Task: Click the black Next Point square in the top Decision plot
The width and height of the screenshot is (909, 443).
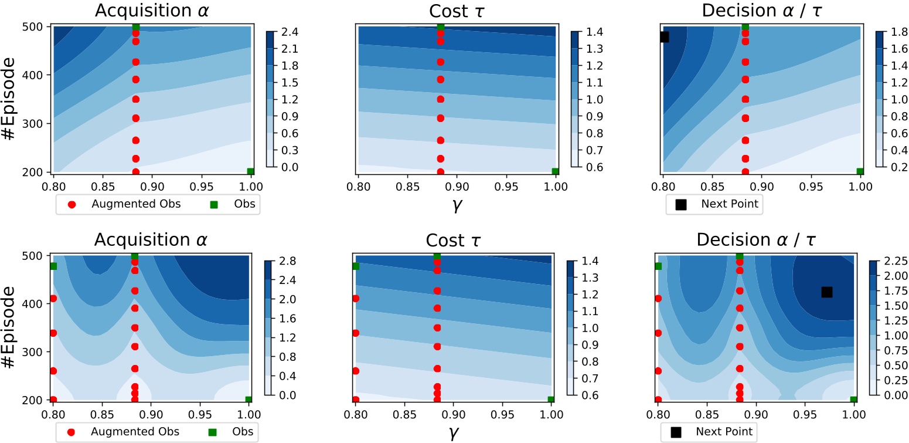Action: click(x=664, y=36)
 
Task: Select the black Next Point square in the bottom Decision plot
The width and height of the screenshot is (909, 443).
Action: click(x=827, y=292)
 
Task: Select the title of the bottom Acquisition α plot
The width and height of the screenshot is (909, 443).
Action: click(x=151, y=241)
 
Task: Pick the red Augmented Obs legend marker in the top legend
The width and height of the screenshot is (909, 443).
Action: click(x=72, y=205)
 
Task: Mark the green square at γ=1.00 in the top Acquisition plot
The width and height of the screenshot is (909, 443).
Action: click(x=251, y=171)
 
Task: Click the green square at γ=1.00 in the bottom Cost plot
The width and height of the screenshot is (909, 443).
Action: click(x=551, y=400)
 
